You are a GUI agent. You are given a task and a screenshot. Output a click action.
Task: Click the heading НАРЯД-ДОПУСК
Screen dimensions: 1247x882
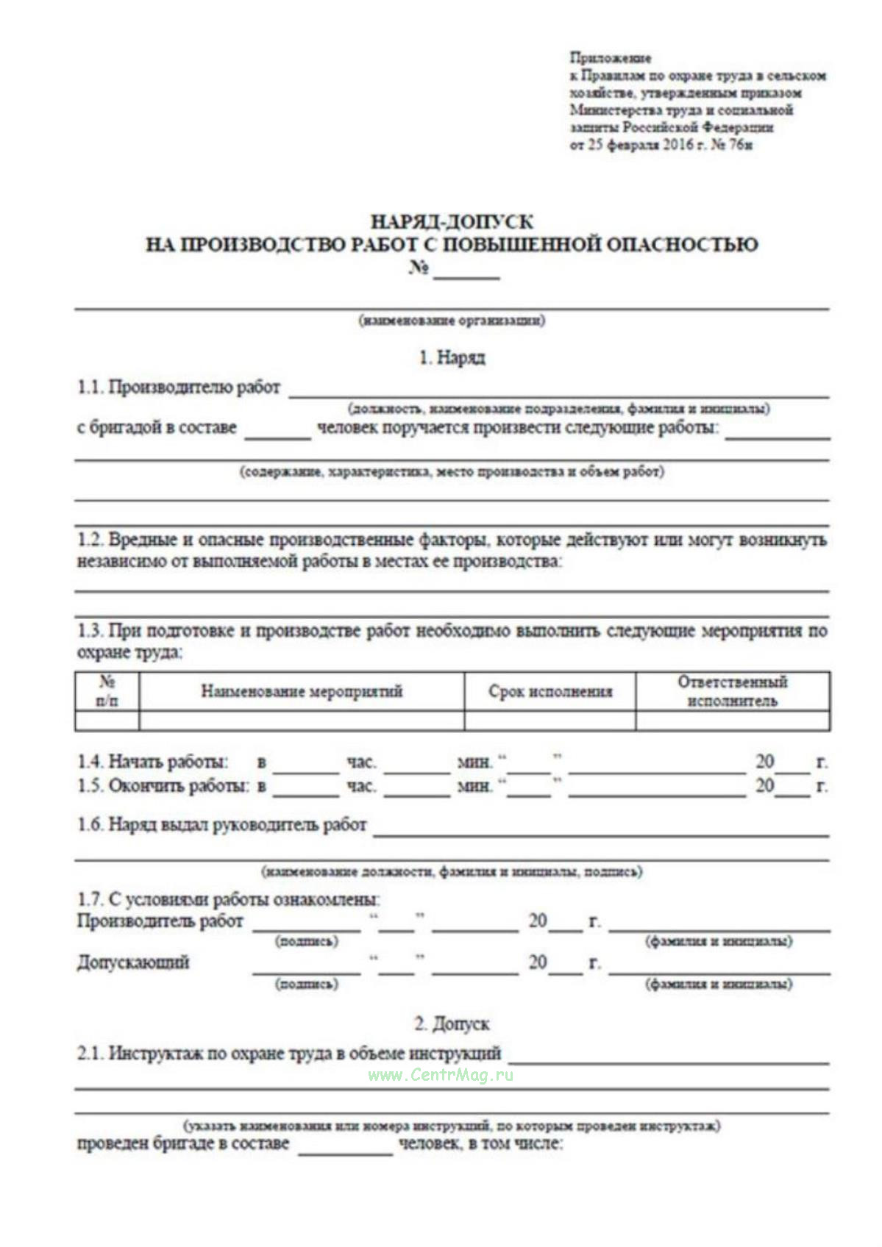click(452, 221)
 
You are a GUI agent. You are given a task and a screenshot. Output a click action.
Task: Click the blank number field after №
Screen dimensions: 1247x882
click(466, 271)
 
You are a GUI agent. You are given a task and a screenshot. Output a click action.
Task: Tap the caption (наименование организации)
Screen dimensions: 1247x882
click(452, 321)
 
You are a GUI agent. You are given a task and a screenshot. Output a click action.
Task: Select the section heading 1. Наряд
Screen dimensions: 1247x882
click(452, 358)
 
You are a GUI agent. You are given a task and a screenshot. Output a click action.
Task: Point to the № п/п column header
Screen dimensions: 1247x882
click(107, 691)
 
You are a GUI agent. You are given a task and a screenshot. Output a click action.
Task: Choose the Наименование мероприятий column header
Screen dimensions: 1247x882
click(302, 691)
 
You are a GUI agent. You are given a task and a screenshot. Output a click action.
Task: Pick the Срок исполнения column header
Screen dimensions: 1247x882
click(550, 691)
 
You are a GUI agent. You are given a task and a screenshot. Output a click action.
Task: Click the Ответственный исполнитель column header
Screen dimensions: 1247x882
click(733, 691)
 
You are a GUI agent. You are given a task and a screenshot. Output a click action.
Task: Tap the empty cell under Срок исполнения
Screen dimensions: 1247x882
click(550, 721)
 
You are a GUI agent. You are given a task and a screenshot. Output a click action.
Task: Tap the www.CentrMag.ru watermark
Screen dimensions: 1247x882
click(440, 1075)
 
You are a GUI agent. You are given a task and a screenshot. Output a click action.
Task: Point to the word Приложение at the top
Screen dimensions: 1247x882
click(610, 58)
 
